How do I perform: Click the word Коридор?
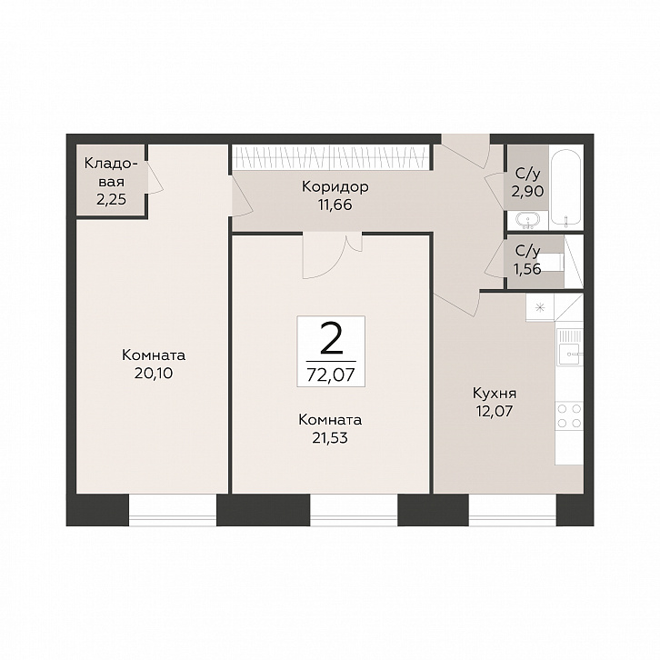coord(335,186)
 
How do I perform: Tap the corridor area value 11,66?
coord(335,205)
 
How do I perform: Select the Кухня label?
coord(495,394)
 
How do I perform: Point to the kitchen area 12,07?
coord(495,411)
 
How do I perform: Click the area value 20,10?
coord(154,373)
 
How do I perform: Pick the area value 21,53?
coord(330,438)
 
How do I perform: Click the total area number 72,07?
coord(331,375)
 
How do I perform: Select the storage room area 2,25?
coord(111,199)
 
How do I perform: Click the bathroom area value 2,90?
coord(527,192)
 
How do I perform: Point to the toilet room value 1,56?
coord(527,268)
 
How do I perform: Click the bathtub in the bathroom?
coord(566,188)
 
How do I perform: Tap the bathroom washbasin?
coord(528,221)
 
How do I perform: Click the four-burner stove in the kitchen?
coord(569,415)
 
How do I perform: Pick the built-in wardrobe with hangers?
coord(331,158)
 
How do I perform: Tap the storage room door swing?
coord(154,177)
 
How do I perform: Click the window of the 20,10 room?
coord(172,510)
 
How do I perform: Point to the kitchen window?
coord(512,510)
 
